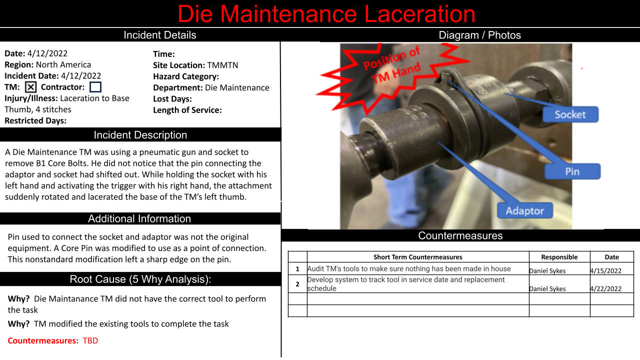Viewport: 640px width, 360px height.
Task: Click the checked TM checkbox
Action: (31, 87)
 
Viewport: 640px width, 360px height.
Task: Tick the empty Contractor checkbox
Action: (95, 87)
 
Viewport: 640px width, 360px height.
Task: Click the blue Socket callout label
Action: (570, 114)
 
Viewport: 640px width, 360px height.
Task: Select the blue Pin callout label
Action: (572, 171)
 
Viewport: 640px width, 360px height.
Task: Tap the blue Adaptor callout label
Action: (525, 210)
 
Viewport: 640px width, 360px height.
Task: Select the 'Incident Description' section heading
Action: (140, 135)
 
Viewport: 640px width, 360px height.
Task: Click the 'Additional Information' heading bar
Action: (139, 218)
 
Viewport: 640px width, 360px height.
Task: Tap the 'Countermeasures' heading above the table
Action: (460, 235)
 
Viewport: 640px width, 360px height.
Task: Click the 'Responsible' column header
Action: (559, 257)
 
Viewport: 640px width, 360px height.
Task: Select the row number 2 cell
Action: (297, 284)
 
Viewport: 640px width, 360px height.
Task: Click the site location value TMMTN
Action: (222, 65)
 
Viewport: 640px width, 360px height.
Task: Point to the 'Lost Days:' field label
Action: (172, 99)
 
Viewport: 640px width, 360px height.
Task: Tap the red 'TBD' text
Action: (90, 340)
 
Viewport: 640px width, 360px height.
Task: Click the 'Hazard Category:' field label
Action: (186, 76)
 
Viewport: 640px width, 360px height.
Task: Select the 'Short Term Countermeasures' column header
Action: (417, 257)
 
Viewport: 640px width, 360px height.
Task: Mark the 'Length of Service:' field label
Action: (187, 110)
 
